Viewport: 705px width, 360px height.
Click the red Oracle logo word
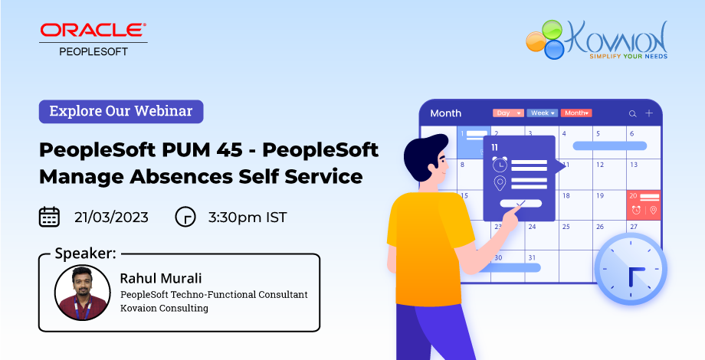[93, 30]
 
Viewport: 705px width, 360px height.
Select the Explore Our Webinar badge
[121, 112]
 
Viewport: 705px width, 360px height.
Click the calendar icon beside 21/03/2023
[50, 217]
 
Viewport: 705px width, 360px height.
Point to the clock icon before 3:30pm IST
[185, 217]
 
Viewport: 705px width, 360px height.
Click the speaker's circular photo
[83, 292]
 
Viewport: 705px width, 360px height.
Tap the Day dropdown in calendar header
[509, 113]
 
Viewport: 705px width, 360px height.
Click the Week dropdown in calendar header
[543, 113]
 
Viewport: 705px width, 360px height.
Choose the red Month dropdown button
[576, 113]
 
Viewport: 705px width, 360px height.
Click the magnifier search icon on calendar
[633, 113]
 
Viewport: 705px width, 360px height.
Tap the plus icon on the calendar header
[649, 113]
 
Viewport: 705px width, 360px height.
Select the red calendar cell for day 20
[644, 205]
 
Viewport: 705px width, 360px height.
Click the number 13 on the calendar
[634, 165]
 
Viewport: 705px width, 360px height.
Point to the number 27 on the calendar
[634, 227]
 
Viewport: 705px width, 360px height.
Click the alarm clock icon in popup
[500, 164]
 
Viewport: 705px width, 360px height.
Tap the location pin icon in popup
[500, 183]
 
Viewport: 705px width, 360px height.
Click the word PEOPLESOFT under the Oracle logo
[93, 51]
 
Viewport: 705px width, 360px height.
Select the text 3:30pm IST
[248, 218]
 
